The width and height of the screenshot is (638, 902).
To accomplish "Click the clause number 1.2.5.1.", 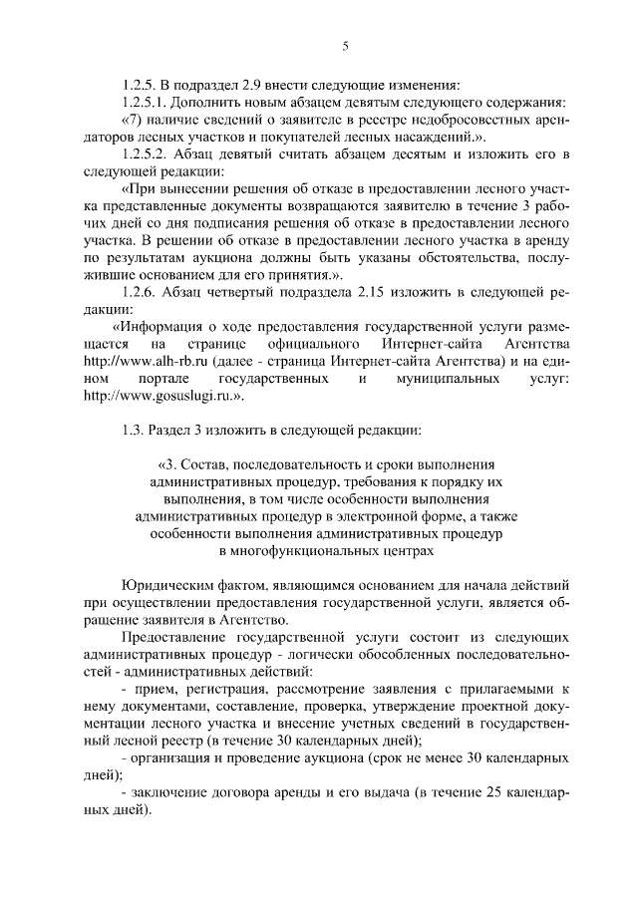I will [x=146, y=102].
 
